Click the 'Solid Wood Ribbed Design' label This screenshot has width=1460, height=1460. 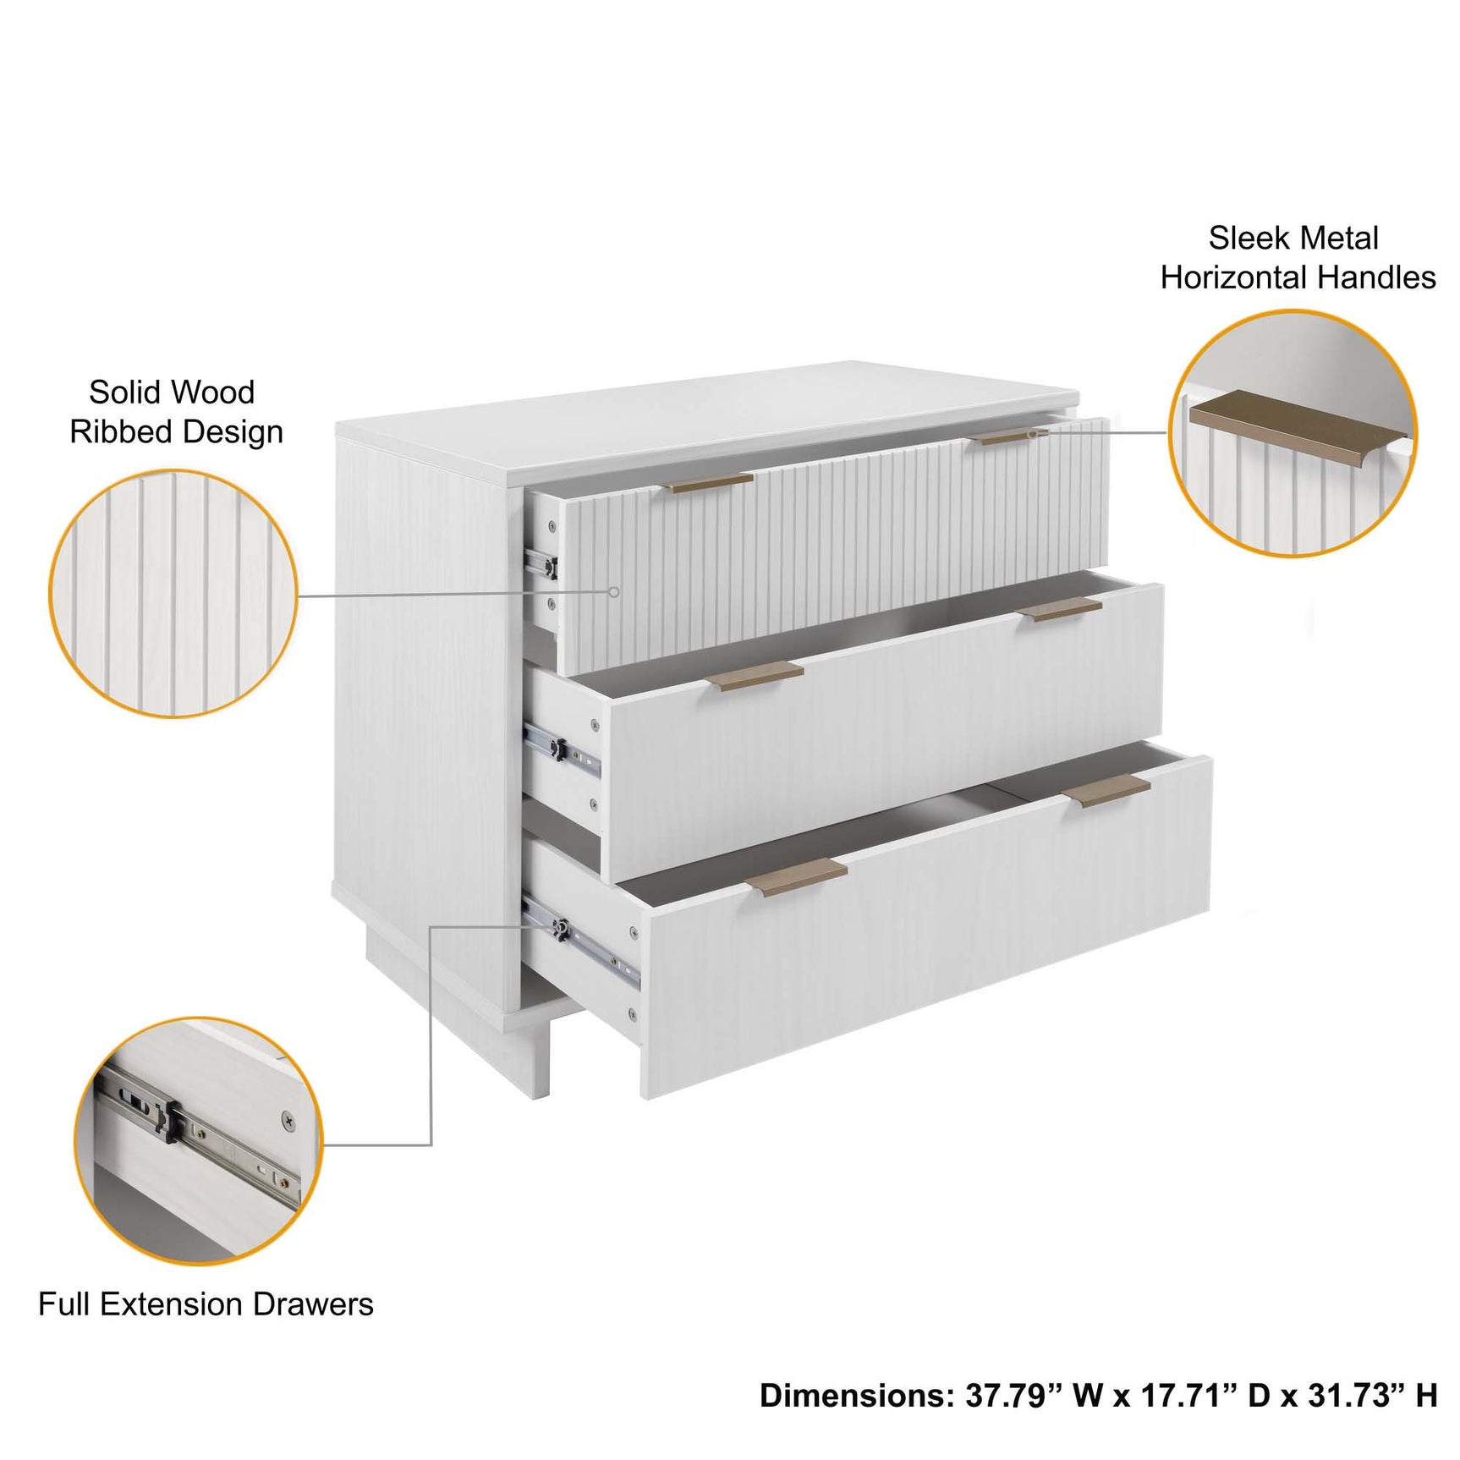click(x=174, y=412)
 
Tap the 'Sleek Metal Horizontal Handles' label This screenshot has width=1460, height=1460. click(x=1297, y=258)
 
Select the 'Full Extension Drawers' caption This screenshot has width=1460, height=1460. click(x=206, y=1304)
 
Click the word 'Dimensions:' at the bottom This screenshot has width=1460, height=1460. click(x=856, y=1395)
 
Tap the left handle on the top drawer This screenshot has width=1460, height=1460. click(x=709, y=483)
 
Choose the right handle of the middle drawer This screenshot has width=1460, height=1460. click(x=1059, y=608)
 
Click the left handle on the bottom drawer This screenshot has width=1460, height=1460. click(x=797, y=876)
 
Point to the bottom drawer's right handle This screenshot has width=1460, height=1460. click(x=1106, y=790)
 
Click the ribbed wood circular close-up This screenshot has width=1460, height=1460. click(x=173, y=594)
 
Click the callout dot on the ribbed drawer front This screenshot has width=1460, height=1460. click(x=615, y=592)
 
